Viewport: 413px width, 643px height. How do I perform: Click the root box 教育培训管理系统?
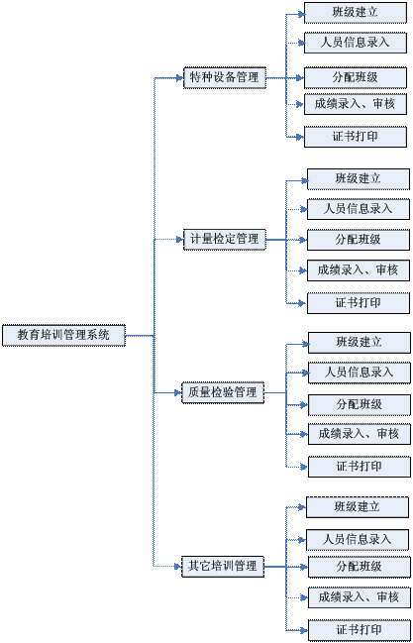pyautogui.click(x=63, y=335)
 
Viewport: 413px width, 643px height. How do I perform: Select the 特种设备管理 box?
pyautogui.click(x=225, y=77)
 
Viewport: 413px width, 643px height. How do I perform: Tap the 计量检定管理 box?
pyautogui.click(x=225, y=239)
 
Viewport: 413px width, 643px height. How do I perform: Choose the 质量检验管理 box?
pyautogui.click(x=223, y=393)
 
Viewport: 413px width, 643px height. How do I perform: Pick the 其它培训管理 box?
pyautogui.click(x=223, y=567)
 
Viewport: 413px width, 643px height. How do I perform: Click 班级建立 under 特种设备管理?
pyautogui.click(x=356, y=13)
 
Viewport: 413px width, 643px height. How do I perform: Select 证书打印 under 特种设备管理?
pyautogui.click(x=356, y=137)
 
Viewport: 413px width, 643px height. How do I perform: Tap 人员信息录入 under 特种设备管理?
pyautogui.click(x=356, y=43)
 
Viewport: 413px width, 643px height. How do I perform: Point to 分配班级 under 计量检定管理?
pyautogui.click(x=359, y=240)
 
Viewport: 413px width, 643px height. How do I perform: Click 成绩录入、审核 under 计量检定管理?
pyautogui.click(x=359, y=270)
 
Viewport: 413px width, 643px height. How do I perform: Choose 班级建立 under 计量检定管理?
pyautogui.click(x=359, y=178)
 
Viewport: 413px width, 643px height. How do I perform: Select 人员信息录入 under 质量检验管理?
pyautogui.click(x=360, y=373)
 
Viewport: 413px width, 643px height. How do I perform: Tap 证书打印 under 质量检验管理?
pyautogui.click(x=360, y=467)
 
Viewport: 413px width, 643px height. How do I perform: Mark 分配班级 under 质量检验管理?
pyautogui.click(x=360, y=405)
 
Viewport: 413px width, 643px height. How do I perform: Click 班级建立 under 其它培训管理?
pyautogui.click(x=358, y=507)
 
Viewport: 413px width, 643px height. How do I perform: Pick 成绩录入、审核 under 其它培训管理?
pyautogui.click(x=360, y=597)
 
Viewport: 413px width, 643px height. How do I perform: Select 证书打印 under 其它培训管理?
pyautogui.click(x=360, y=630)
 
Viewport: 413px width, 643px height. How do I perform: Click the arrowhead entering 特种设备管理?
pyautogui.click(x=179, y=77)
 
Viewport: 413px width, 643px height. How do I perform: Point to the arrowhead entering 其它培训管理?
pyautogui.click(x=178, y=567)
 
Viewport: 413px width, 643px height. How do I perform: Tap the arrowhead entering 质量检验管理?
pyautogui.click(x=178, y=393)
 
